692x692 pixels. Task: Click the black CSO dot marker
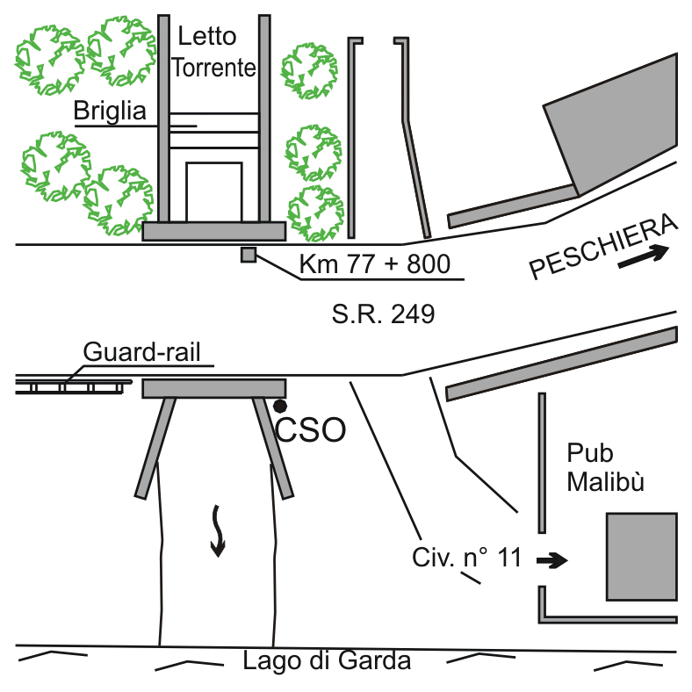[280, 406]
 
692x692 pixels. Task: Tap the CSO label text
[310, 429]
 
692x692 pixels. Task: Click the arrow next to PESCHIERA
[645, 257]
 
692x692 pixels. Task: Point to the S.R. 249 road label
[383, 314]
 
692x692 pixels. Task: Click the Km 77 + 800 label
[375, 264]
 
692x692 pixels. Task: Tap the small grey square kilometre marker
[249, 256]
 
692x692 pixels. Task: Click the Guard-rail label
[148, 352]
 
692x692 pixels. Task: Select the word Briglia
[109, 112]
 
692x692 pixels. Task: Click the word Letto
[207, 36]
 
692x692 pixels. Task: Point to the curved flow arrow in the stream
[217, 530]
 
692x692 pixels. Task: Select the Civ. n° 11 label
[466, 557]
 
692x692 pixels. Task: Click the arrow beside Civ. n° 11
[553, 559]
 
